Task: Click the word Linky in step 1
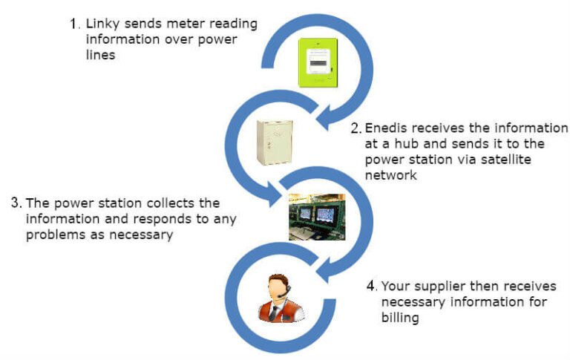(101, 23)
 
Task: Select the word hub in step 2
(396, 144)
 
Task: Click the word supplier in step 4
(437, 286)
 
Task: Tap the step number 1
(73, 23)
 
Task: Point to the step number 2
(356, 128)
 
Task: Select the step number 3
(16, 203)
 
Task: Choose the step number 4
(370, 286)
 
